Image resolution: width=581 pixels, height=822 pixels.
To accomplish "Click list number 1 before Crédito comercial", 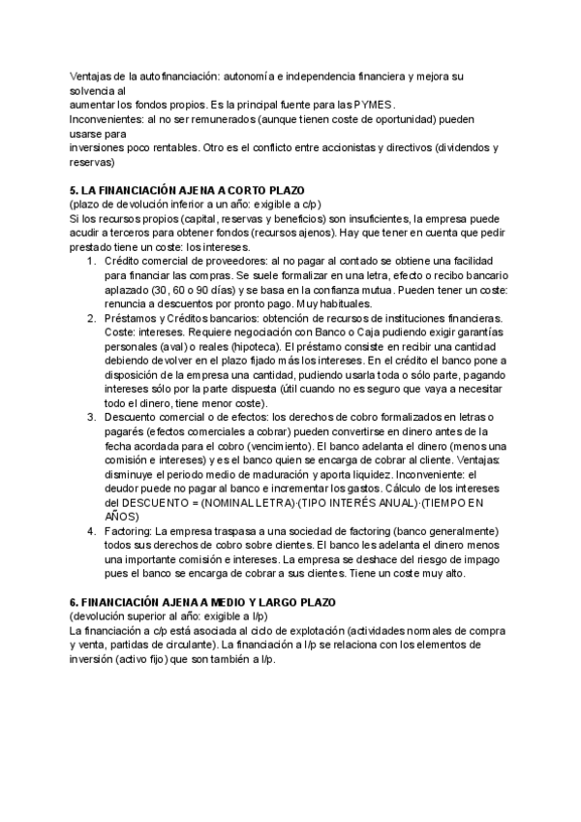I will [x=91, y=262].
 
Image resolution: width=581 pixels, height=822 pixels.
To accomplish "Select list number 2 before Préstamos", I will [x=91, y=318].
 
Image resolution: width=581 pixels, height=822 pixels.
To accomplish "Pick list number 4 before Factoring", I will [x=91, y=532].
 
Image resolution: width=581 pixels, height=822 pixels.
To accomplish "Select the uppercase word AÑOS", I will [x=120, y=518].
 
